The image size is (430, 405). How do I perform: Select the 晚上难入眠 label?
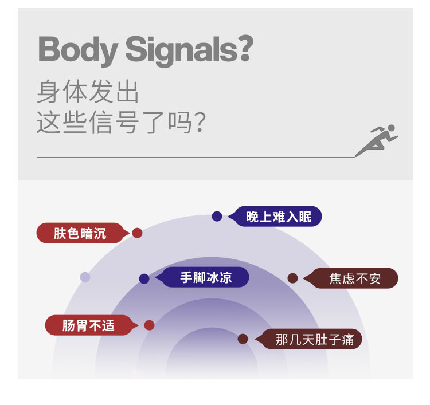pos(279,217)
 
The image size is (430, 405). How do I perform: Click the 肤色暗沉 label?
pos(80,233)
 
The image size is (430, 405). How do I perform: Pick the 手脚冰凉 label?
pos(206,278)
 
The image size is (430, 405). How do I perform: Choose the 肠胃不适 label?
pos(88,325)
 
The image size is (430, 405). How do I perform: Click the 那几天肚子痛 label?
pos(315,339)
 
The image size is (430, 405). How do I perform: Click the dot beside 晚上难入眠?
pos(217,217)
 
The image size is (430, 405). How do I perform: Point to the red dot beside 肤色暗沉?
pos(137,233)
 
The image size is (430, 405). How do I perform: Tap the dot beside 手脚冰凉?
pos(144,278)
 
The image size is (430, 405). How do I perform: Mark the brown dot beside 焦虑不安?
pos(292,278)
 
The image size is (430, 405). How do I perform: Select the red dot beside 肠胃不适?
pos(149,325)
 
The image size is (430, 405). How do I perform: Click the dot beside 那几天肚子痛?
pos(243,339)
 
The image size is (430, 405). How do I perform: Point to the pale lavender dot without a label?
pos(85,277)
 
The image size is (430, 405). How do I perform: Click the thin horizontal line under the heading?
pos(195,157)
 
